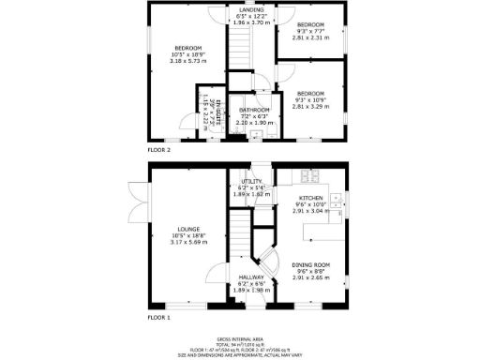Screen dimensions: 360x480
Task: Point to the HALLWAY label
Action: click(x=250, y=277)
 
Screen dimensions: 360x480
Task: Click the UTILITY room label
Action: click(x=250, y=183)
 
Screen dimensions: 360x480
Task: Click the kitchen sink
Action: click(x=335, y=200)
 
